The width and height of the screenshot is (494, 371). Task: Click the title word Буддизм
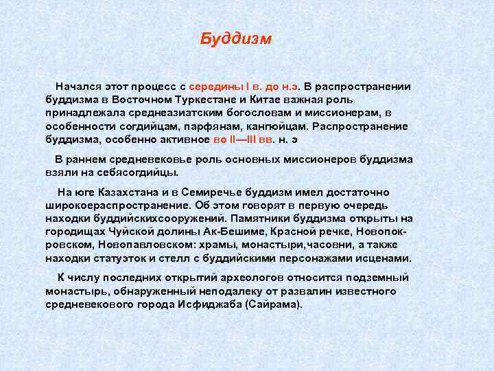pos(236,39)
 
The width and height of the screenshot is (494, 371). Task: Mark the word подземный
pos(377,278)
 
